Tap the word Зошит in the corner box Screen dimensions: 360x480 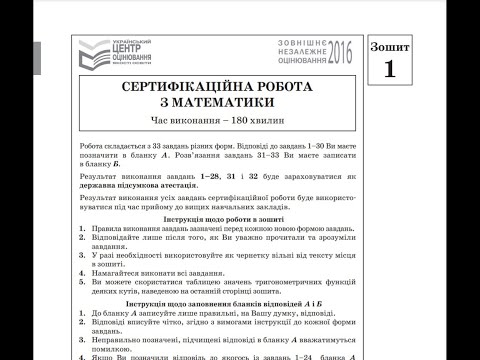coord(389,48)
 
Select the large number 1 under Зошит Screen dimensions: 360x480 coord(388,71)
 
